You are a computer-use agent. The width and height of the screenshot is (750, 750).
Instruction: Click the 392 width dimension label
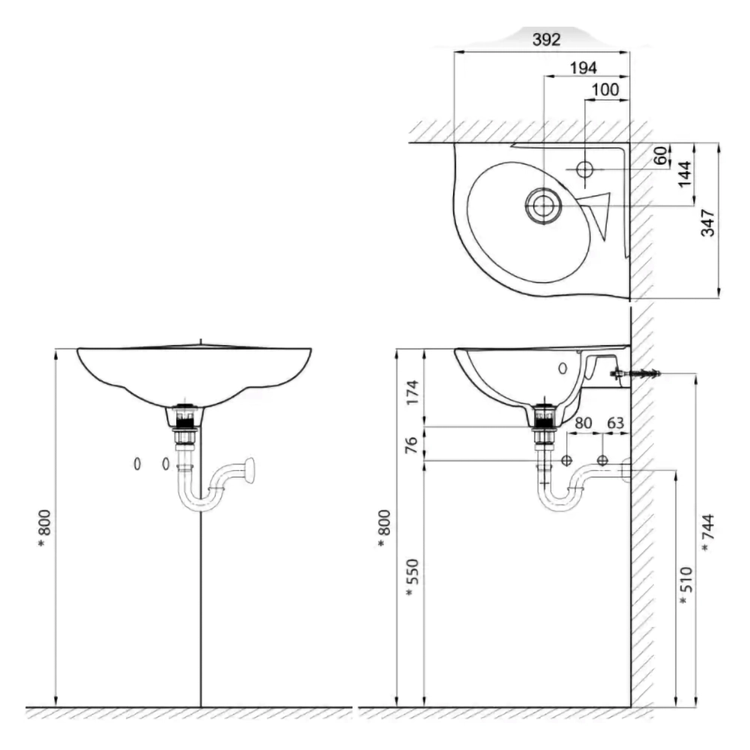(546, 40)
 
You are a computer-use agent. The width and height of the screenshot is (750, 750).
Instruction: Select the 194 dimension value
(583, 68)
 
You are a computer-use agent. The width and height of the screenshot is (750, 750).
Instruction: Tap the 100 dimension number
(605, 90)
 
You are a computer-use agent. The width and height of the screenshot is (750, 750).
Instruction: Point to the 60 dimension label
(661, 155)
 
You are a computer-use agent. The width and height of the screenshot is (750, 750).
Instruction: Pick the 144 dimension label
(685, 174)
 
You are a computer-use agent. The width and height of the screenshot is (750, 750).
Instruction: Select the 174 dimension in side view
(412, 392)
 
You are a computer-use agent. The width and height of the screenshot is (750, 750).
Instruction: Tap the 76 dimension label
(411, 445)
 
